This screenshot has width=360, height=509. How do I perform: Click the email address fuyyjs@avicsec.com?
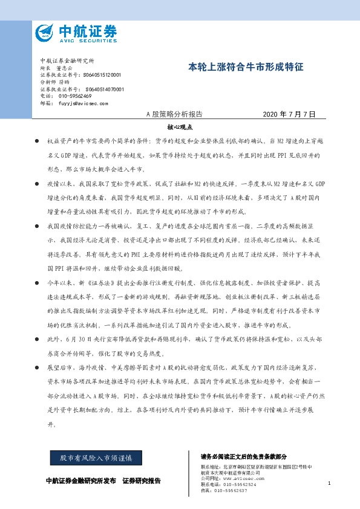81,103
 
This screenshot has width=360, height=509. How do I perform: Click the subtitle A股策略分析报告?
175,114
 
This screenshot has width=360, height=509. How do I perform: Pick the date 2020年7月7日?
290,114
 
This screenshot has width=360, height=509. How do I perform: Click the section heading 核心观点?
179,128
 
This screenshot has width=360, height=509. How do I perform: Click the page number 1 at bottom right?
328,483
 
